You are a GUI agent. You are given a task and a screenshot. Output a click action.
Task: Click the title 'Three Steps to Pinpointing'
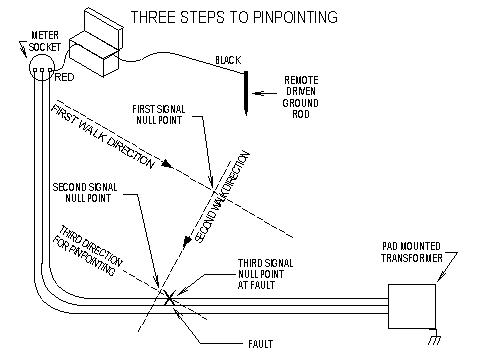(234, 17)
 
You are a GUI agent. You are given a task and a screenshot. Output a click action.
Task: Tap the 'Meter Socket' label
(44, 41)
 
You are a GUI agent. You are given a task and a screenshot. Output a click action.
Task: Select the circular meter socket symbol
(42, 68)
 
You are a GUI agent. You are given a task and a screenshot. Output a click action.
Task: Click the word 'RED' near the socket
(64, 77)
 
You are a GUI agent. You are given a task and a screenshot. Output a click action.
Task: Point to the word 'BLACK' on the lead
(228, 60)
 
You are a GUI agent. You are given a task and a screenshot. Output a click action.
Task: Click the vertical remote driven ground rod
(246, 93)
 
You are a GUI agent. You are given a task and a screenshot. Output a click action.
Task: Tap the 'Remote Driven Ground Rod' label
(301, 97)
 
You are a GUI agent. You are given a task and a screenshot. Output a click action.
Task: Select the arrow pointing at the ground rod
(264, 93)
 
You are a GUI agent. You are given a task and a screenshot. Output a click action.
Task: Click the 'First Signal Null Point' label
(159, 115)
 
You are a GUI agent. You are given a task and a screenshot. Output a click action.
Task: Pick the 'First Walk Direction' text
(103, 137)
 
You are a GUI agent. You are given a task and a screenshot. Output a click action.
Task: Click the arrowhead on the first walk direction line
(168, 164)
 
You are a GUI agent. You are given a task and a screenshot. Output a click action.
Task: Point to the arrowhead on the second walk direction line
(187, 241)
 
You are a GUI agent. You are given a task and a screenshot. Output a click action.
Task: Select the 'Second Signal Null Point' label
(85, 192)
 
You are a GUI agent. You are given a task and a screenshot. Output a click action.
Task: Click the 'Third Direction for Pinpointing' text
(89, 250)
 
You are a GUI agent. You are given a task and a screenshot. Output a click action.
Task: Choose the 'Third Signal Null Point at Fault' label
(265, 274)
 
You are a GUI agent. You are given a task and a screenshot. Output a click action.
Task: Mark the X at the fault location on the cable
(170, 298)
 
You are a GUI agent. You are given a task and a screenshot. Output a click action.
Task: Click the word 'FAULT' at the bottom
(260, 344)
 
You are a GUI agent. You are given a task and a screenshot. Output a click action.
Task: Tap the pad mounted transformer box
(412, 306)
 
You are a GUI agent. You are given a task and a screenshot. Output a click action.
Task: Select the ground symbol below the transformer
(435, 337)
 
